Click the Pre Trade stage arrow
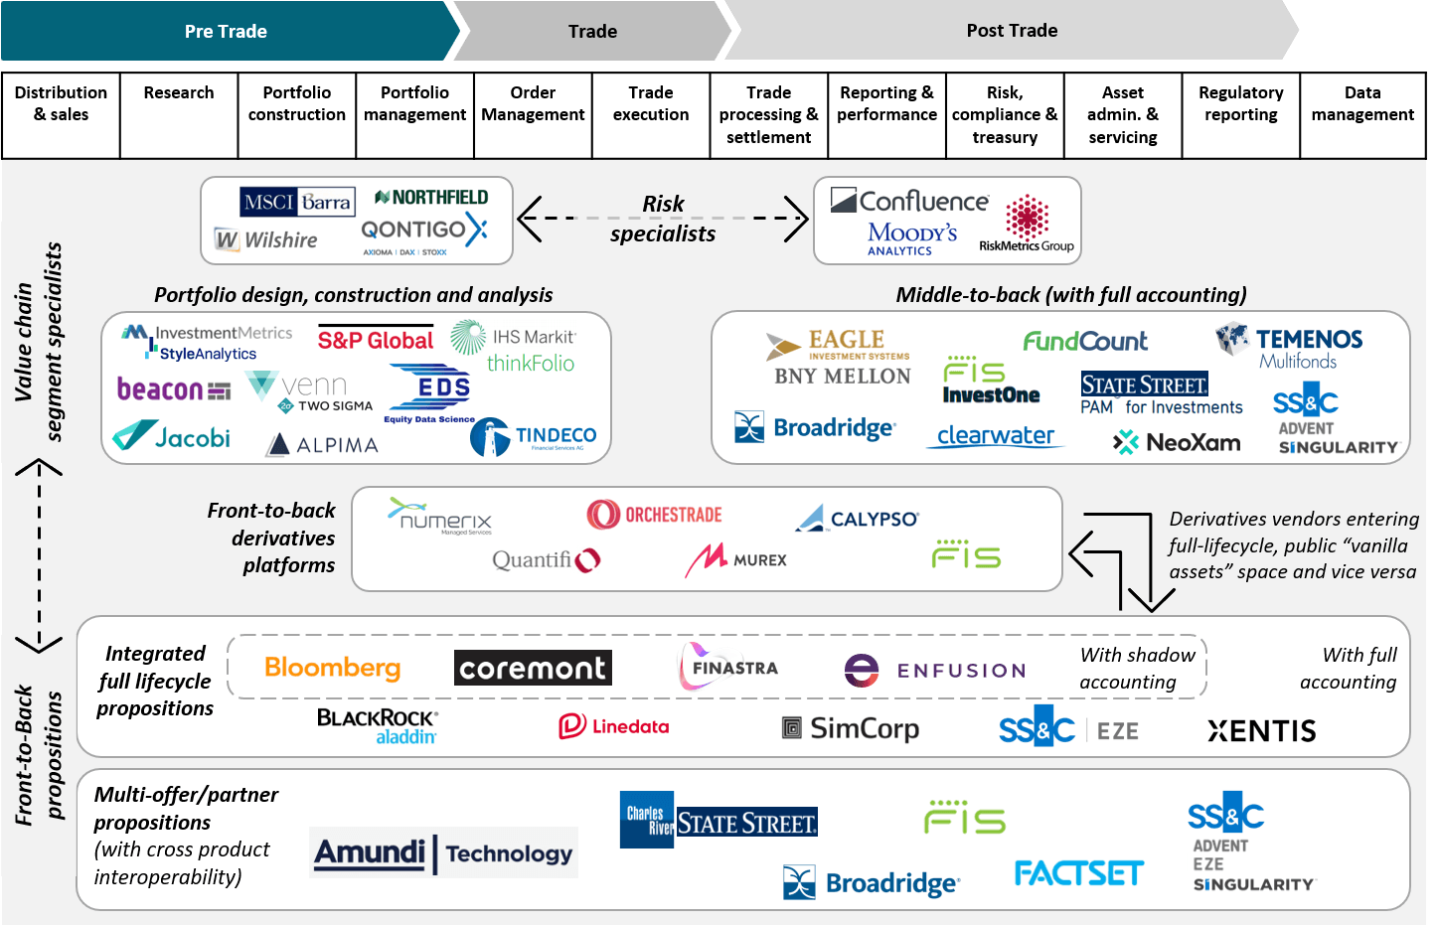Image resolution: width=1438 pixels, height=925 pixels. tap(227, 31)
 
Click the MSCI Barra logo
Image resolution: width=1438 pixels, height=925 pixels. tap(297, 203)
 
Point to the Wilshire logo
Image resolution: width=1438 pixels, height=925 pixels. tap(266, 240)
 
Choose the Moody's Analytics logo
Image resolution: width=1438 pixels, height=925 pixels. tap(911, 238)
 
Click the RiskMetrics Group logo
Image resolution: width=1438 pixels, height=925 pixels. tap(1027, 225)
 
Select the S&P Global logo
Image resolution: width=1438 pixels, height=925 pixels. tap(376, 340)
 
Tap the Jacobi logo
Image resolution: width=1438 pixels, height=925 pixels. tap(172, 437)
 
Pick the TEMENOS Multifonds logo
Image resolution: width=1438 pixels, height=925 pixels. tap(1290, 347)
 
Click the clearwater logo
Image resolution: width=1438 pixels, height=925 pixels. tap(995, 436)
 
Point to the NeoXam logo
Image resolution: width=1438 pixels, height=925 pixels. tap(1178, 442)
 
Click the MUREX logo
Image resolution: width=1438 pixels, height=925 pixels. tap(735, 559)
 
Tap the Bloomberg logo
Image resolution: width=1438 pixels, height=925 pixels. tap(333, 668)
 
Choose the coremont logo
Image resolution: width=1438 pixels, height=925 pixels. tap(533, 668)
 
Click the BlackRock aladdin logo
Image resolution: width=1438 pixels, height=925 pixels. tap(378, 726)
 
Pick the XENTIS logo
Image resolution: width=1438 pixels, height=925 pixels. tap(1262, 731)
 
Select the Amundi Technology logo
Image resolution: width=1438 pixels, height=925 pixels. tap(443, 852)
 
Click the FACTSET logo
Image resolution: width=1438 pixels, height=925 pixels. tap(1079, 873)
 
